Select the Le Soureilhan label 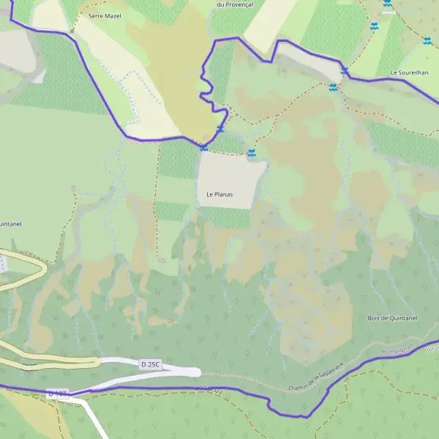(x=408, y=72)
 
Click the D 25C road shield (x=150, y=364)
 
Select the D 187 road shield (x=57, y=394)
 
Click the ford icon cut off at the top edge (x=387, y=4)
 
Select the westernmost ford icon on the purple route (x=203, y=147)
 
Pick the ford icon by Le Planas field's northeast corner (x=251, y=153)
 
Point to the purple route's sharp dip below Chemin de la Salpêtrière (x=301, y=416)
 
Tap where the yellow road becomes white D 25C (x=100, y=362)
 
